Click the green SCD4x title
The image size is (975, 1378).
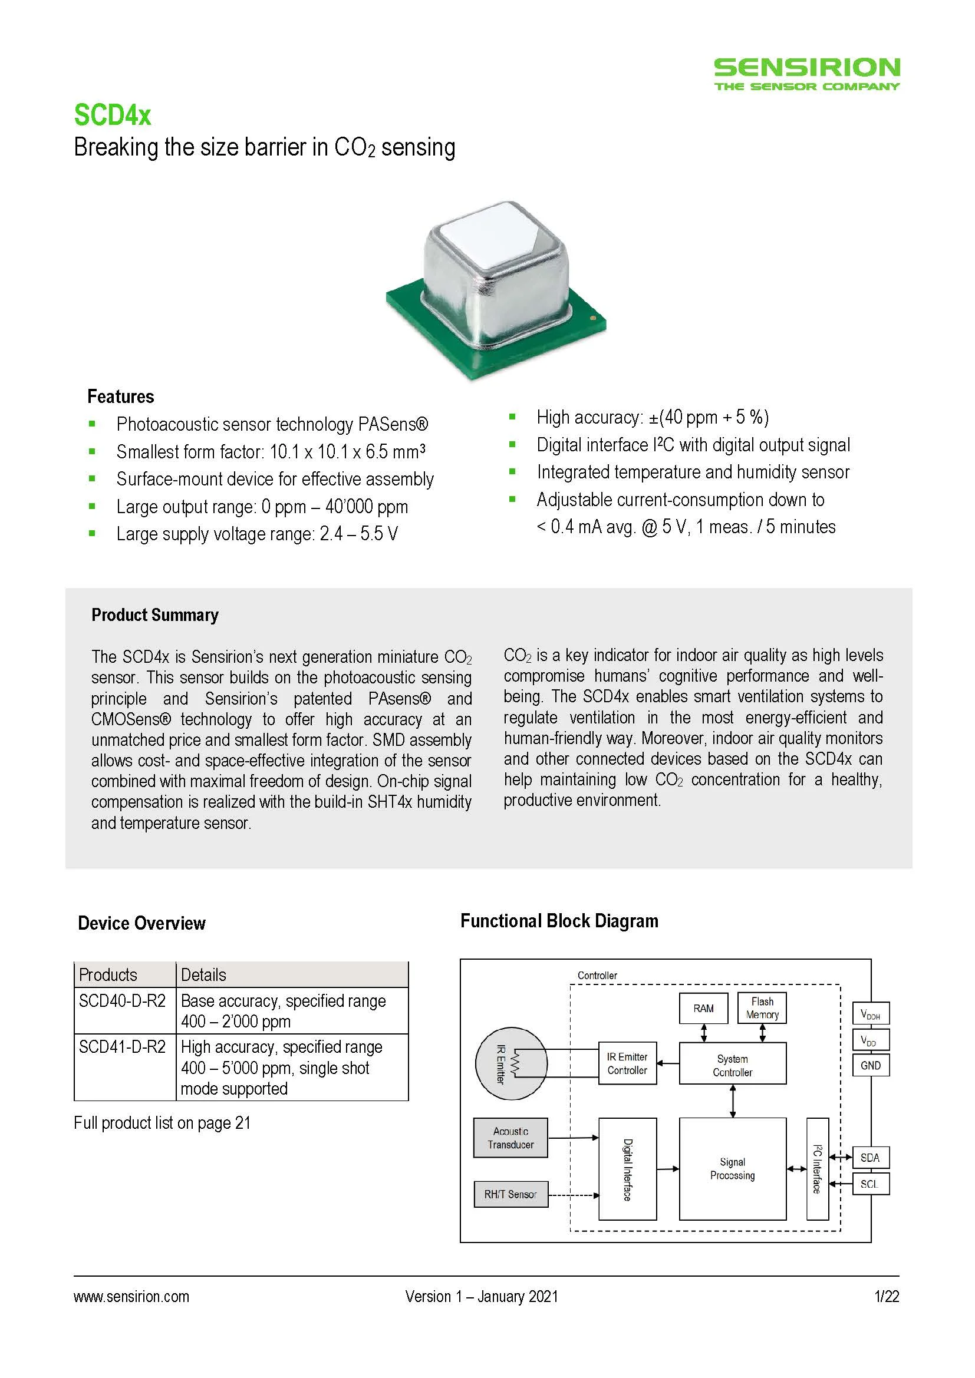[112, 115]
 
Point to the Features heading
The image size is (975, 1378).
[121, 396]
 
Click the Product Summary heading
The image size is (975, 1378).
[155, 615]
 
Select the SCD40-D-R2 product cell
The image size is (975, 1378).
[123, 1001]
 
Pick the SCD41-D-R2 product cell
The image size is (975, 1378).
[123, 1047]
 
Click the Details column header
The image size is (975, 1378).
[203, 974]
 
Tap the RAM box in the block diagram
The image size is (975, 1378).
[704, 1008]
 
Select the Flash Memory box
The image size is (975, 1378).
[762, 1007]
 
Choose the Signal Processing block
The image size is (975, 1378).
[733, 1168]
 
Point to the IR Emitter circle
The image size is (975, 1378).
[511, 1063]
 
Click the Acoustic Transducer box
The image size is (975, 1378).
[510, 1137]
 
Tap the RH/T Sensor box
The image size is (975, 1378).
[510, 1194]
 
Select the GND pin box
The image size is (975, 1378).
[871, 1065]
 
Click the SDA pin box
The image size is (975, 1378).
[870, 1158]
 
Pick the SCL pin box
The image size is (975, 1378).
[870, 1184]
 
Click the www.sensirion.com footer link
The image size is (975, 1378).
[131, 1296]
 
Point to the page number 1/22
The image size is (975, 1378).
[887, 1296]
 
